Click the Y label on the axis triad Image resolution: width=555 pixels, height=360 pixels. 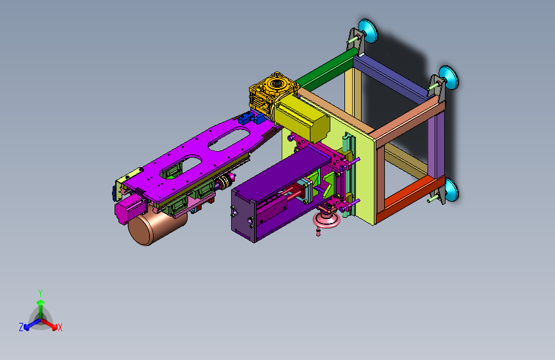pyautogui.click(x=40, y=293)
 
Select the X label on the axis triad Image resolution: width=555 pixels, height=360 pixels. pyautogui.click(x=60, y=328)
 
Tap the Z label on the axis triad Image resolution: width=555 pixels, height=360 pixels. pyautogui.click(x=21, y=327)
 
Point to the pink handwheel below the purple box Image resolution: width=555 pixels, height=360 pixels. pyautogui.click(x=326, y=218)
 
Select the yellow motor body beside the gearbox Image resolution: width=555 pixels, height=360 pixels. pyautogui.click(x=302, y=118)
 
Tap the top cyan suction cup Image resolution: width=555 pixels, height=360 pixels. pyautogui.click(x=368, y=31)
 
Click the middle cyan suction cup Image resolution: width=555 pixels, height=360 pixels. pyautogui.click(x=449, y=78)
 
